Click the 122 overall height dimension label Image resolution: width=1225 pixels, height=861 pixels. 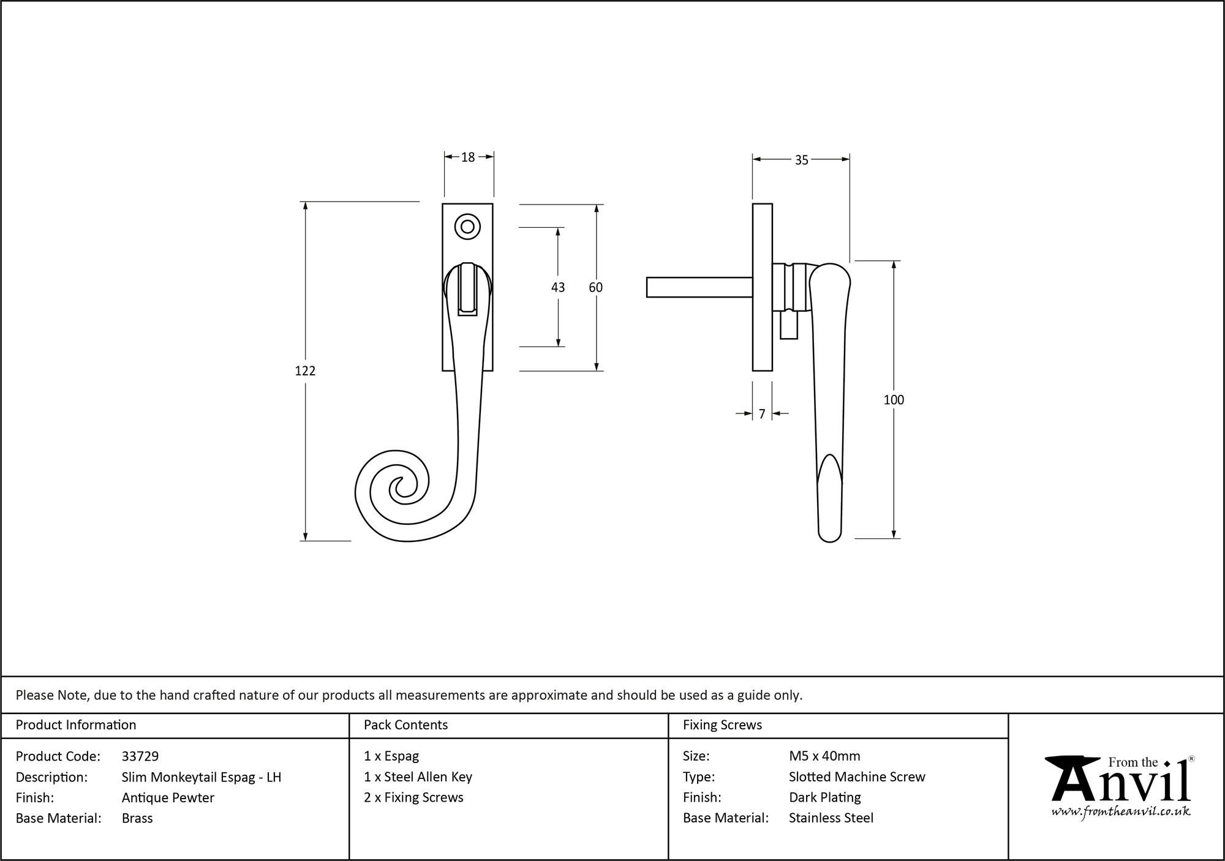(x=305, y=370)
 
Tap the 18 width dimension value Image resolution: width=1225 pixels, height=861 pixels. (x=468, y=157)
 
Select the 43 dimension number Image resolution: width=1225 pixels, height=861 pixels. (x=557, y=287)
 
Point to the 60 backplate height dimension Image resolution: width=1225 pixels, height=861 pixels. (x=595, y=287)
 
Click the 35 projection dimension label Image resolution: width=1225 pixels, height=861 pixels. (x=801, y=160)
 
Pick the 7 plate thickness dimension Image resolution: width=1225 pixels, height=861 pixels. (x=761, y=415)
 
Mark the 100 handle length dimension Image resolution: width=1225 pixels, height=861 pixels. (x=893, y=400)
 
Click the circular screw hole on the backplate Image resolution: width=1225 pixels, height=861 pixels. (x=467, y=227)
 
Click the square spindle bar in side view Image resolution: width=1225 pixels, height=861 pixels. (x=698, y=287)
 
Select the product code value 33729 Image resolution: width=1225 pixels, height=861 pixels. (x=140, y=756)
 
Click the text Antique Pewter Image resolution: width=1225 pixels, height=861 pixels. (x=168, y=797)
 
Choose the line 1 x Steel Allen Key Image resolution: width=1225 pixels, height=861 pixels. (x=418, y=776)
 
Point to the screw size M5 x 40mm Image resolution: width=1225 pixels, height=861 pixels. (x=824, y=756)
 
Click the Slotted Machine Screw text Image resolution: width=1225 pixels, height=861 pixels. (x=856, y=776)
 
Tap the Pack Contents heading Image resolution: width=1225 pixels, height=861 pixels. (x=405, y=725)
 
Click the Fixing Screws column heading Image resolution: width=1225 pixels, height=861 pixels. (x=722, y=725)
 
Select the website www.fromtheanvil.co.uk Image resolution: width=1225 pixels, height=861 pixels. (x=1120, y=811)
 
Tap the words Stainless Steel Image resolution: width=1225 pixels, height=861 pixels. (x=831, y=818)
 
